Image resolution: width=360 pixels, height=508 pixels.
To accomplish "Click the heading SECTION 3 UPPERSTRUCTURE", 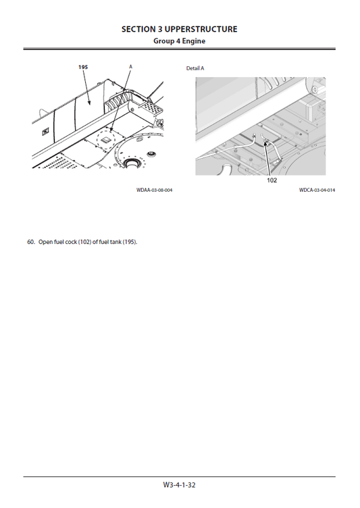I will point(179,29).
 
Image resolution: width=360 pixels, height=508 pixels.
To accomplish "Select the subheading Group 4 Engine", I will point(179,41).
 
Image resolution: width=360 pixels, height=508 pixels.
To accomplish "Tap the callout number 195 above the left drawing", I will point(82,67).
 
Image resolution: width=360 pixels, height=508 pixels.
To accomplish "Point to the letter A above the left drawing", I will point(130,67).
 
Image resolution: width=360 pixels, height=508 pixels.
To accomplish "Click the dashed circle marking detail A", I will point(107,137).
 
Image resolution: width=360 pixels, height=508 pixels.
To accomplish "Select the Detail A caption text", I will point(195,68).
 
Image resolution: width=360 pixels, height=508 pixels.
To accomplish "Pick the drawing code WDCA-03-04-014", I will point(317,190).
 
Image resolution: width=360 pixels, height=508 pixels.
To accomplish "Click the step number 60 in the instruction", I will point(30,242).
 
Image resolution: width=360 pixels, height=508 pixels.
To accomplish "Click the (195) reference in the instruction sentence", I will point(130,242).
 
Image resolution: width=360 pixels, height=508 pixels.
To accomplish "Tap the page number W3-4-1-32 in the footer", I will point(179,484).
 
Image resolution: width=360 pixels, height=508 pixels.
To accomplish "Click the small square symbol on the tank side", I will point(45,133).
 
